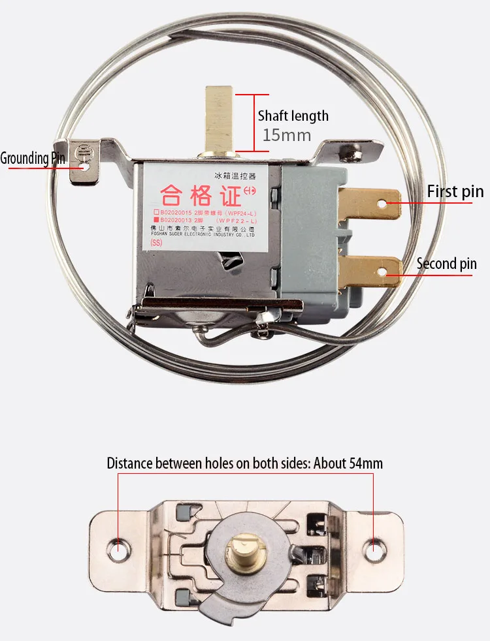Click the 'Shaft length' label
pos(293,116)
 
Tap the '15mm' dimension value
pos(286,136)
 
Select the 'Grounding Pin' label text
pos(33,158)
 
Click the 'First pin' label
pos(455,192)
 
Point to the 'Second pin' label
pos(447,264)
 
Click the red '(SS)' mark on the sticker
pos(156,243)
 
